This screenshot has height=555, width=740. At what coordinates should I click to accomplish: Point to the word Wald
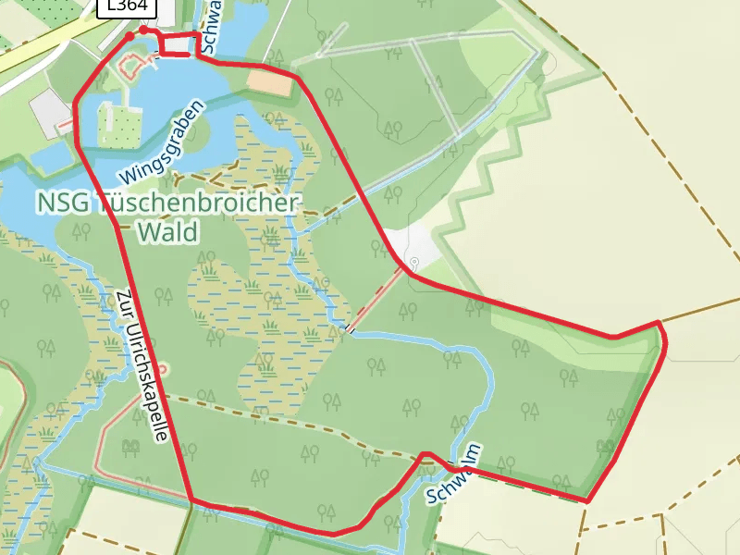point(166,231)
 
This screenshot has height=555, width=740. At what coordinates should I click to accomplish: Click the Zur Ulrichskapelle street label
point(142,365)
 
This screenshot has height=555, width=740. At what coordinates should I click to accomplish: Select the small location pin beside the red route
point(414,263)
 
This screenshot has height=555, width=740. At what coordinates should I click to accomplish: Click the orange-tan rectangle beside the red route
point(269,82)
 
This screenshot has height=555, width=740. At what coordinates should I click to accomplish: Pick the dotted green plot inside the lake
point(121,125)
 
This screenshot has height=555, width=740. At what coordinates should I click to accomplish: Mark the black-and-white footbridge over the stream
point(350,328)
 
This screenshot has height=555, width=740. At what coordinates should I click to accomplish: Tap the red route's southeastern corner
point(586,500)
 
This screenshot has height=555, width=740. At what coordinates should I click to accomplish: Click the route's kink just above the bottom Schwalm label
point(425,454)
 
